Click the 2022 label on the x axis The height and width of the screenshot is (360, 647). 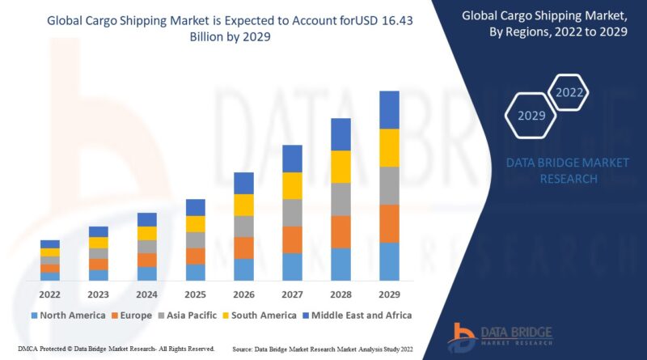point(49,295)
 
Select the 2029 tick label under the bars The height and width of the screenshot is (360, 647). point(389,295)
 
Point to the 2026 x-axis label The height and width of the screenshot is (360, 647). point(243,295)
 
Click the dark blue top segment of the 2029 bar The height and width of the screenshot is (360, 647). point(389,109)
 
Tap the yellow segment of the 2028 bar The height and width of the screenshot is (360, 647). point(340,166)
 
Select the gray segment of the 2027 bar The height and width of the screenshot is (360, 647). point(292,212)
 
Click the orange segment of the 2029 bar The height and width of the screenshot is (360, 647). point(389,223)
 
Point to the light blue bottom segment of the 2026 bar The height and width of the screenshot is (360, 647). point(243,269)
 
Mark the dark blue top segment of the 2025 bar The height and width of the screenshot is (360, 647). point(195,207)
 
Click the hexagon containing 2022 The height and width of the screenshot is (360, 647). point(569,93)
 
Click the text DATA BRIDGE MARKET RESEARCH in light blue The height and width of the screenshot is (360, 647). point(567,170)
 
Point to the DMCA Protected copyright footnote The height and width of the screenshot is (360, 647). point(110,348)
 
